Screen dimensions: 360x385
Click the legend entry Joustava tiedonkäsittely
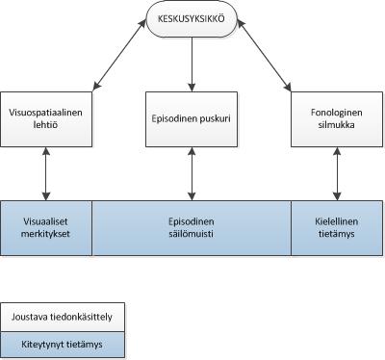pyautogui.click(x=62, y=315)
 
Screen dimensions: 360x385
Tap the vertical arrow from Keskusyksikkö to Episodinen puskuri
pyautogui.click(x=191, y=65)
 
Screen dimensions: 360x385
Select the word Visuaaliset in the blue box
pyautogui.click(x=45, y=219)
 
